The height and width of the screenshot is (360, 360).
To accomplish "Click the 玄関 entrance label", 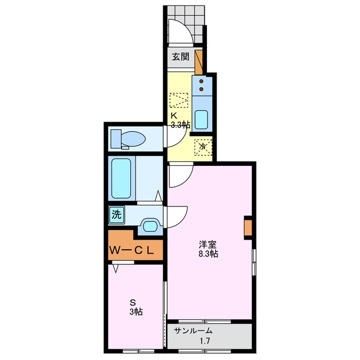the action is click(x=181, y=57).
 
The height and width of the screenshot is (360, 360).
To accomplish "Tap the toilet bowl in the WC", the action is click(x=133, y=139).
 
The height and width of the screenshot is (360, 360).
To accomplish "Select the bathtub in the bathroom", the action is click(x=121, y=178).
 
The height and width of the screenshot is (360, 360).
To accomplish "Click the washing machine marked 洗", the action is click(x=116, y=215).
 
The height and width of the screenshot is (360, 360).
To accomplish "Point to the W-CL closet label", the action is click(x=131, y=250).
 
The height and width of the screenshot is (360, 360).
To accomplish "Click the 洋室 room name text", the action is click(x=208, y=245).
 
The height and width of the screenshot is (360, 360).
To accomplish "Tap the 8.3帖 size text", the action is click(x=209, y=254).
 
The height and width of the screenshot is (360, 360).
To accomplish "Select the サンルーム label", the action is click(x=193, y=331).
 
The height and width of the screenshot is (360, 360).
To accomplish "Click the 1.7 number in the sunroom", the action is click(x=205, y=341).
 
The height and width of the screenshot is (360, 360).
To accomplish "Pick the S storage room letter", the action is click(x=133, y=303).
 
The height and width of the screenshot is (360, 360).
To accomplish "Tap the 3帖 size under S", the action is click(x=136, y=312).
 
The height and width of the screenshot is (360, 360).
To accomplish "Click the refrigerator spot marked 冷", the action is click(x=203, y=146).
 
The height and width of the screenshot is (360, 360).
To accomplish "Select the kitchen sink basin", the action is click(x=201, y=120).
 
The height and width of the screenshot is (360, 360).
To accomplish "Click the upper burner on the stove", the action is click(x=201, y=81).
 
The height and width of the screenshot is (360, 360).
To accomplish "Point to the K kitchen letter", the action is click(x=174, y=115).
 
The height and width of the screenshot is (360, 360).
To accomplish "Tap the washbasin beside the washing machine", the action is click(x=150, y=226).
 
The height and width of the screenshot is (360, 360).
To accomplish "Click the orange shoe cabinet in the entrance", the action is click(x=199, y=62).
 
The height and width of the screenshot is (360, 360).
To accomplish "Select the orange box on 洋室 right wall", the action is click(x=248, y=228).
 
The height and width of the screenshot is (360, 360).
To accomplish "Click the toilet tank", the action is click(x=116, y=139).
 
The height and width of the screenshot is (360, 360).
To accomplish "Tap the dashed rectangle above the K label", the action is click(x=179, y=100).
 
